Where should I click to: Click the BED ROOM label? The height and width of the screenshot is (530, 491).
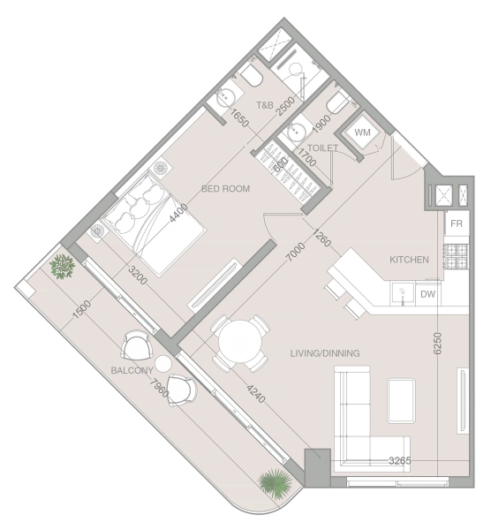(x=225, y=189)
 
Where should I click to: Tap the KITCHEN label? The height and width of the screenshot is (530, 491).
(x=409, y=260)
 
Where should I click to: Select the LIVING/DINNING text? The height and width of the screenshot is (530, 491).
(x=325, y=353)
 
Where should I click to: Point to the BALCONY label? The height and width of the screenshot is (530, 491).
(x=132, y=370)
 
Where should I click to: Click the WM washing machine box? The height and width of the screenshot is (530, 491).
(x=363, y=132)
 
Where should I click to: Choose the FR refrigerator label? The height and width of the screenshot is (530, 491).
(x=457, y=223)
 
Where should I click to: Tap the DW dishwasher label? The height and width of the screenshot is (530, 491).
(x=427, y=294)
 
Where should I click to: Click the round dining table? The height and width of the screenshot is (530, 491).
(x=240, y=342)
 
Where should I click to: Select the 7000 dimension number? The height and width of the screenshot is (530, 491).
(x=295, y=252)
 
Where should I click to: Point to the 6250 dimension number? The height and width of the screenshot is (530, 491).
(x=437, y=344)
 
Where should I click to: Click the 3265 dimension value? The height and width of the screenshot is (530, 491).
(x=400, y=460)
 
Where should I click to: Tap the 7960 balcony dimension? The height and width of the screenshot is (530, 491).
(x=159, y=389)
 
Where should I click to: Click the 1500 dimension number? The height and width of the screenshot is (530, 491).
(x=82, y=309)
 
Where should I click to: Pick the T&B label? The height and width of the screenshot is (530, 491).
(x=265, y=105)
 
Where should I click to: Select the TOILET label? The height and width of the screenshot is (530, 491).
(x=322, y=148)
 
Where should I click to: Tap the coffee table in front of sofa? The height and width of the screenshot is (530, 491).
(x=401, y=401)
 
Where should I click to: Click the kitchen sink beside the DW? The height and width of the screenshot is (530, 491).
(x=403, y=294)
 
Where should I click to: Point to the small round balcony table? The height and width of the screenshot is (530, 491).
(x=163, y=363)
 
